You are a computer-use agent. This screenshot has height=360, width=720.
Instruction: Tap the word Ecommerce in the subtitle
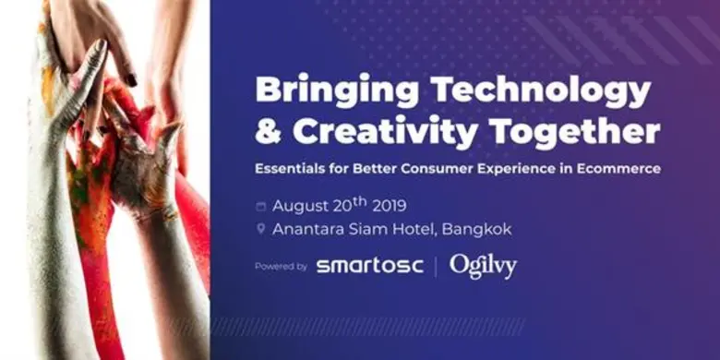pos(618,169)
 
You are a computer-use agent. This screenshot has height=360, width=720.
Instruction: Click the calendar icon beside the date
pos(261,206)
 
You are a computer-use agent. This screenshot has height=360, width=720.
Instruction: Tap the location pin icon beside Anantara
pos(261,229)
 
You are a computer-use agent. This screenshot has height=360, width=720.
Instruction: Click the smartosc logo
pos(369,267)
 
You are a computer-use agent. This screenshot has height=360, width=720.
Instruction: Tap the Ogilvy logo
pos(483,266)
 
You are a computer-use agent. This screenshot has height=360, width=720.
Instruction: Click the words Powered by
pos(281,267)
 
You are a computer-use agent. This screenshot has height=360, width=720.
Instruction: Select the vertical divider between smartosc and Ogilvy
pos(436,267)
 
